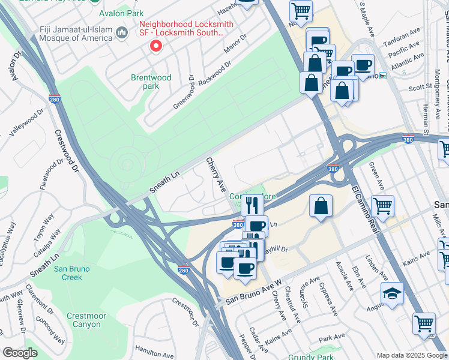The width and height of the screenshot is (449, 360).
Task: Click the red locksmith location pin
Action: coord(156,46)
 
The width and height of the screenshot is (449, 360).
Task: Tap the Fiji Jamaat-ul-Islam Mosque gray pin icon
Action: coord(122,32)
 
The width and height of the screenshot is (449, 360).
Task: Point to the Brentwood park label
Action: coord(151,82)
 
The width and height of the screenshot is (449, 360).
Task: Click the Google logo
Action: coord(20,352)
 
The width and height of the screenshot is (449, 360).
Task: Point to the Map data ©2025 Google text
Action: coord(411,355)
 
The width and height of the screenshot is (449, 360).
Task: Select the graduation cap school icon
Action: coord(392,293)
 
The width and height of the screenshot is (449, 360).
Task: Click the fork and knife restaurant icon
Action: coord(252,205)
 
